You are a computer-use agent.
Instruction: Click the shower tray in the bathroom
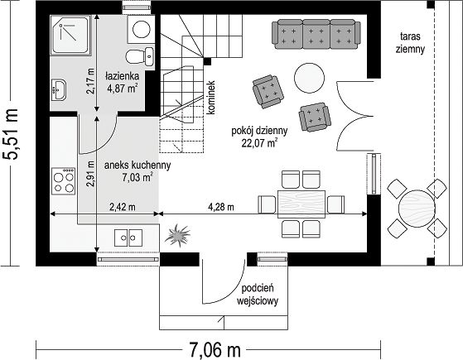point(70,35)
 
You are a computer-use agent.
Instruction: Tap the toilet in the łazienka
point(140,56)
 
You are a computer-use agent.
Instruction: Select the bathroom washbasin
point(59,89)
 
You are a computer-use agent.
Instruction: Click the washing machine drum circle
point(142,29)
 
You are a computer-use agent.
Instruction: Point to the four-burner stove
point(64,181)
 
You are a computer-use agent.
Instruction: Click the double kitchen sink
point(128,238)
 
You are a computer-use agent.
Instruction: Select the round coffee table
point(309,78)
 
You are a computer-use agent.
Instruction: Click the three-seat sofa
point(316,34)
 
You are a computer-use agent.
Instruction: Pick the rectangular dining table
point(301,204)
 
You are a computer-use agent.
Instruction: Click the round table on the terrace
point(417,209)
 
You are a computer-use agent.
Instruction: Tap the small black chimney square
point(207,61)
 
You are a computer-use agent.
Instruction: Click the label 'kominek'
point(211,98)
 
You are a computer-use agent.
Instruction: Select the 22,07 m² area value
point(259,143)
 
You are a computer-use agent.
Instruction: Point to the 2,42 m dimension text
point(123,207)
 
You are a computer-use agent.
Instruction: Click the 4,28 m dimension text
point(221,207)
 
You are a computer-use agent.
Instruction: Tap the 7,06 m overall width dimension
point(215,350)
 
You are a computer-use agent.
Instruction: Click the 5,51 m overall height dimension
point(11,135)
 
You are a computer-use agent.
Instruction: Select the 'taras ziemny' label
point(410,43)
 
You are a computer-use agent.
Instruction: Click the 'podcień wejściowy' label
point(258,295)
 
